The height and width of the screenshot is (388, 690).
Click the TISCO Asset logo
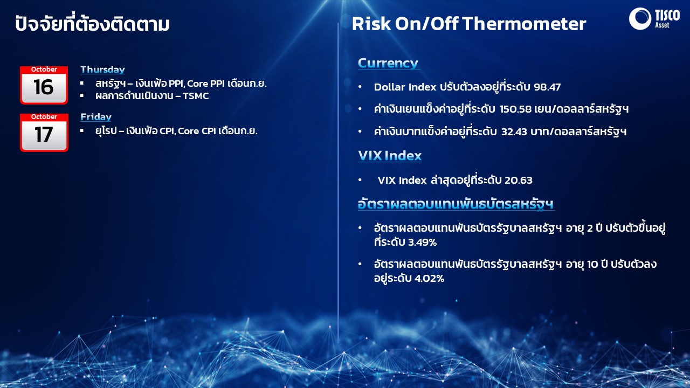coord(654,18)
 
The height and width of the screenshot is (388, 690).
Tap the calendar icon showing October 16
coord(44,85)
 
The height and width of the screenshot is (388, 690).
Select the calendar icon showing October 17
coord(44,133)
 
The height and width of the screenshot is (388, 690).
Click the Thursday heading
coord(102,70)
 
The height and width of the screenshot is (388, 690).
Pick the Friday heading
coord(96,117)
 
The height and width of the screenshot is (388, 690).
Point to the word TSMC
coord(196,96)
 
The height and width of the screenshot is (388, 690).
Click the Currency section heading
coord(388,64)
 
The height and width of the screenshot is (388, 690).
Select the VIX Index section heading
coord(390,156)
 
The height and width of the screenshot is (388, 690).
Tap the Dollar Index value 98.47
coord(547,87)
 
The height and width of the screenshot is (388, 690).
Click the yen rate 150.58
coord(516,109)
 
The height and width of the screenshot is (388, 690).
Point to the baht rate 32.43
coord(514,132)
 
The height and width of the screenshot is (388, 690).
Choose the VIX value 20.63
coord(519,180)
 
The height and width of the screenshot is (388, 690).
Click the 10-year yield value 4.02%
coord(429,279)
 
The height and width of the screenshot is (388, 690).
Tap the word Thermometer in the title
coord(524,24)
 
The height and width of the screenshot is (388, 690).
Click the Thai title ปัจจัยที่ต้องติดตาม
coord(92,23)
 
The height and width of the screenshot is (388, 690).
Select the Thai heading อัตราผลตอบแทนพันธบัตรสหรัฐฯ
coord(456,204)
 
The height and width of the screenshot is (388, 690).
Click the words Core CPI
coord(197,131)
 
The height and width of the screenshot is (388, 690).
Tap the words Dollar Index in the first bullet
coord(405,87)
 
